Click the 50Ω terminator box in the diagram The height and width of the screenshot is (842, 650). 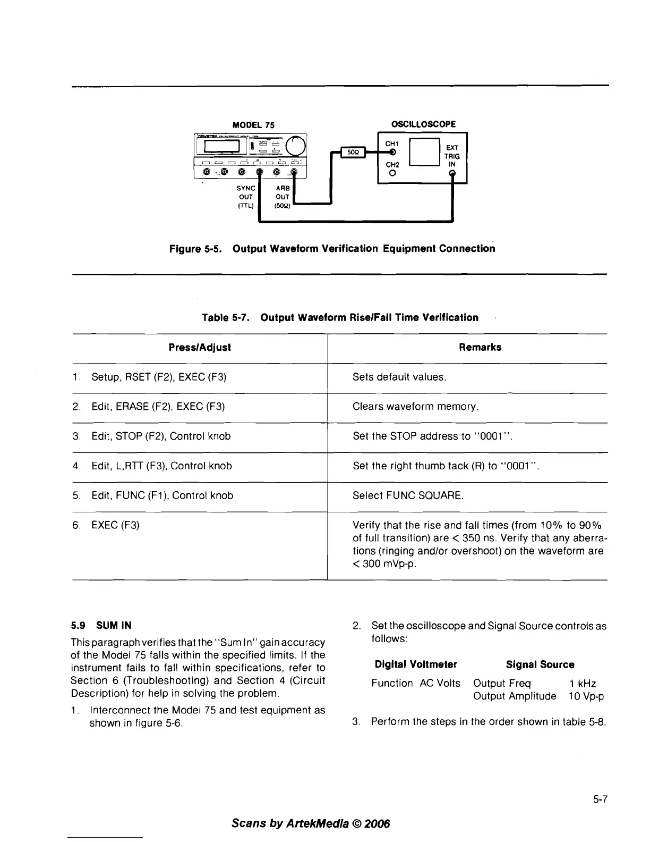(x=352, y=152)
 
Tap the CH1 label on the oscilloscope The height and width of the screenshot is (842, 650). (x=392, y=144)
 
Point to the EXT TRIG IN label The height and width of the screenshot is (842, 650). (x=452, y=156)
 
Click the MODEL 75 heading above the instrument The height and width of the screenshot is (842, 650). (x=254, y=125)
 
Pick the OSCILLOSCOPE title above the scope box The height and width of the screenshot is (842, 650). (x=423, y=124)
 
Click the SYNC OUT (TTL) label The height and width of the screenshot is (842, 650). (x=246, y=197)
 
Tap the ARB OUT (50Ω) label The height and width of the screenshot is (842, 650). (x=283, y=197)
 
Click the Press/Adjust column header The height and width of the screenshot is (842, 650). (x=200, y=347)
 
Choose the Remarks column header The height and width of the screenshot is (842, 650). (x=480, y=347)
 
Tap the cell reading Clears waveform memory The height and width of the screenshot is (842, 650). (x=416, y=407)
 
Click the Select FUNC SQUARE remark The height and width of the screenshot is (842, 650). (x=408, y=495)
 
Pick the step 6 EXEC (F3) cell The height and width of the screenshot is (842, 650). (x=115, y=525)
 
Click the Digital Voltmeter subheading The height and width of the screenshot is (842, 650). (x=416, y=664)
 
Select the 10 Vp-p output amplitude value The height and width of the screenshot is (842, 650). (x=586, y=696)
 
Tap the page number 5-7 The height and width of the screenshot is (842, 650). (x=600, y=799)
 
